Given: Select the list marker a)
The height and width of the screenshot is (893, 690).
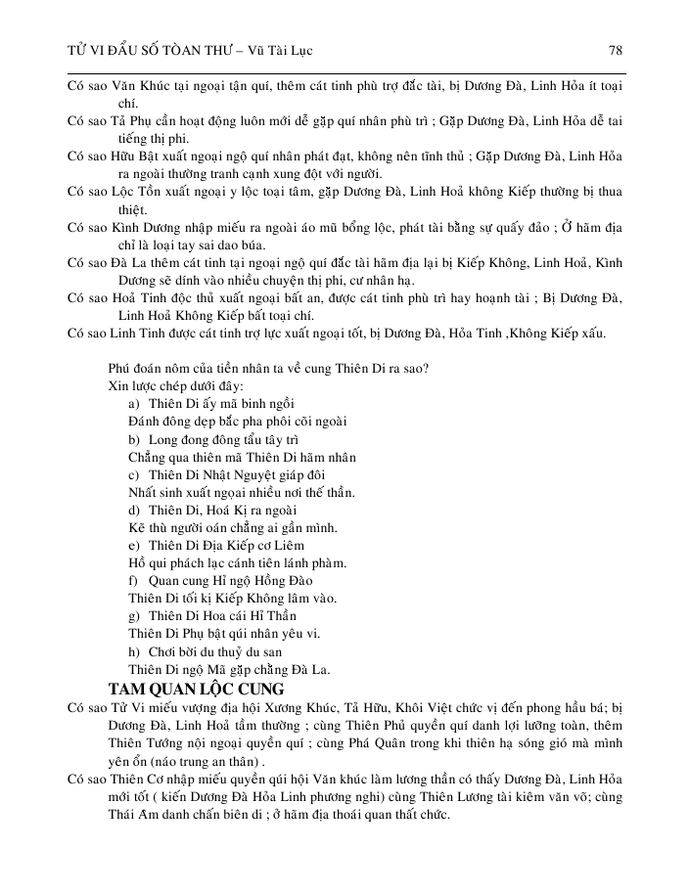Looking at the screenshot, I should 135,404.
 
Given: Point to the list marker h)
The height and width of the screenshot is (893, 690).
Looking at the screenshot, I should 135,651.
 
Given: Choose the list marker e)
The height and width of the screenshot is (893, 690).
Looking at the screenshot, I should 135,546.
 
